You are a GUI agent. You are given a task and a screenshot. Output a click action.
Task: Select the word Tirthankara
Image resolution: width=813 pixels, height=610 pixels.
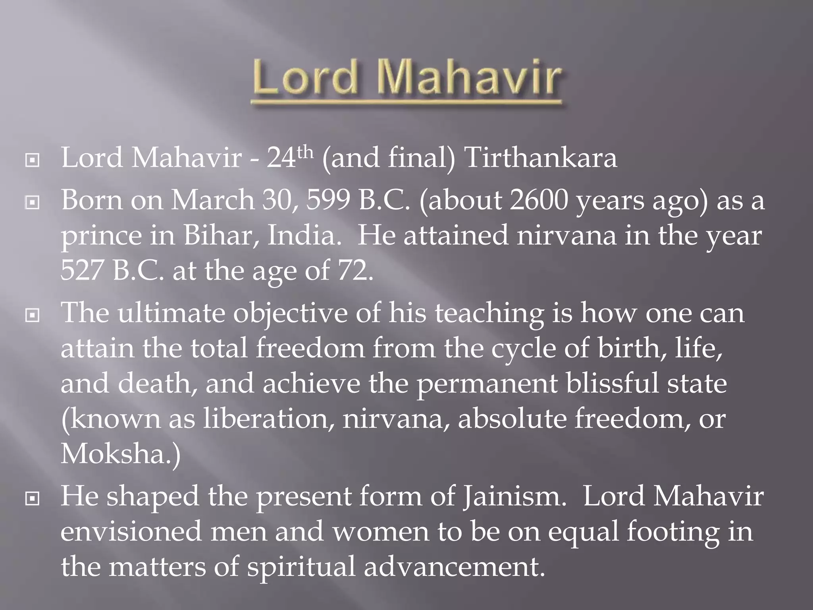tap(540, 158)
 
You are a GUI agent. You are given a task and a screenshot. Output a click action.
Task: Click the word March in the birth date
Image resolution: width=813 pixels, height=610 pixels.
tap(213, 200)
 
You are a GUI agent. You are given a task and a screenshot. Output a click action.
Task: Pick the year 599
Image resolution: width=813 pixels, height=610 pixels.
tap(328, 200)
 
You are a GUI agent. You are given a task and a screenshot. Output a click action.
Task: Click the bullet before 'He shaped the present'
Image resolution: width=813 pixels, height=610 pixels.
tap(32, 499)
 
